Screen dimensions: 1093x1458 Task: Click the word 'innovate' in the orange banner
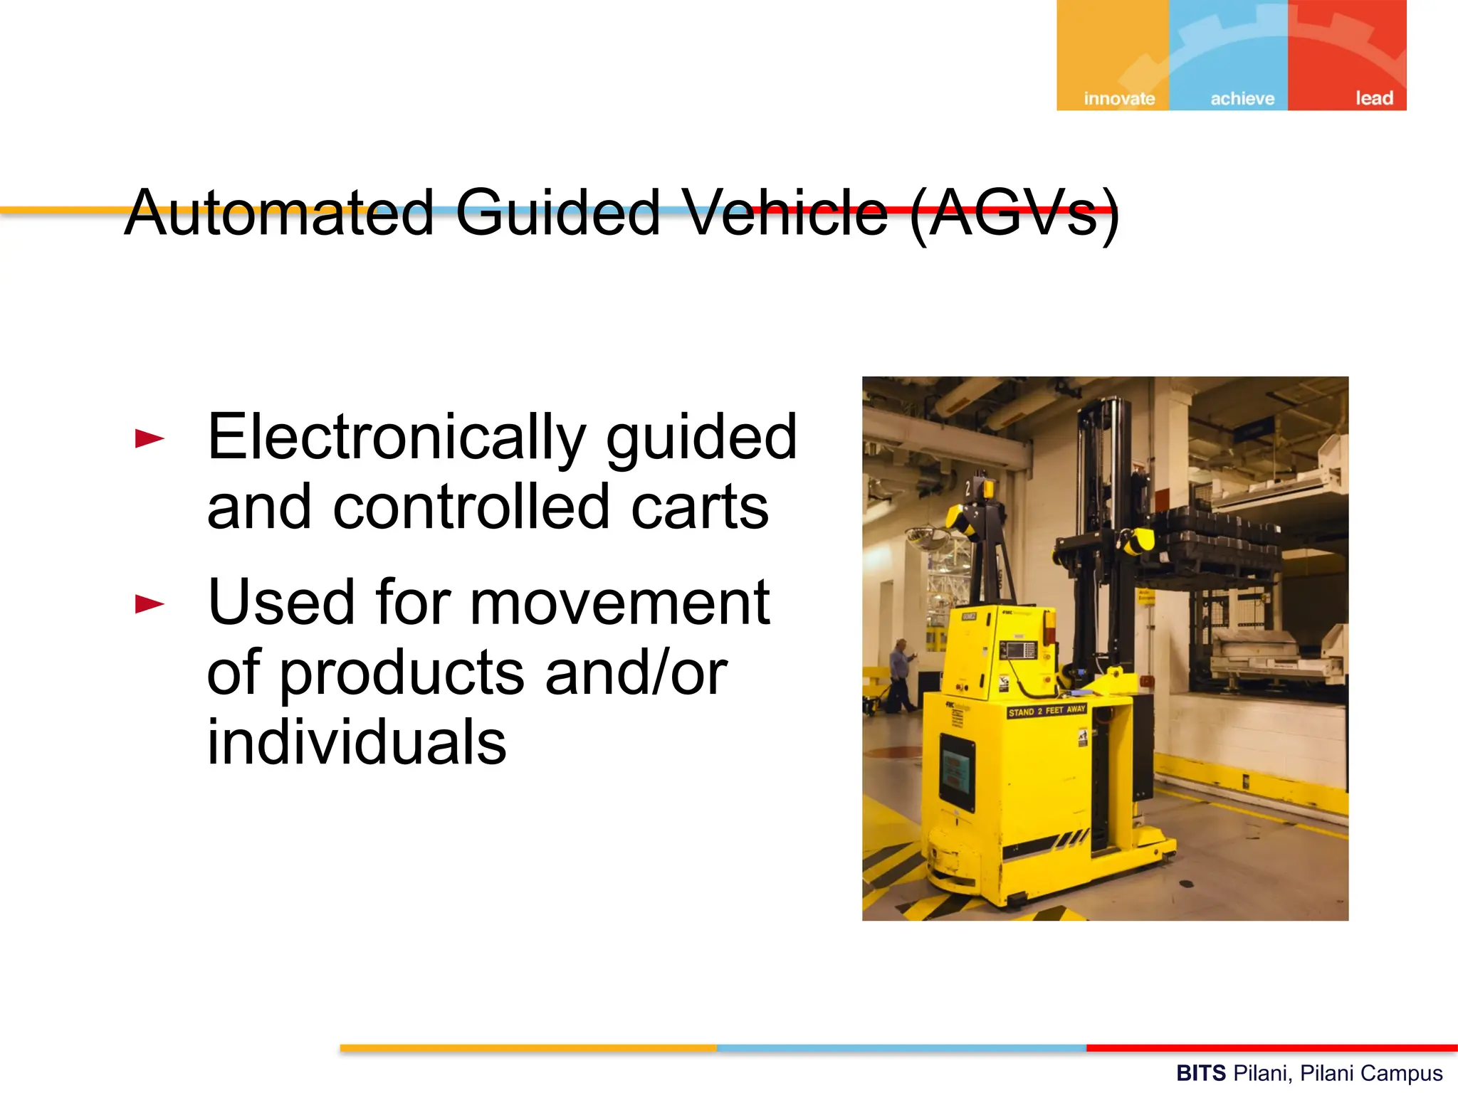coord(1119,98)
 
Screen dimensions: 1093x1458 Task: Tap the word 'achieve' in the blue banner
coord(1242,98)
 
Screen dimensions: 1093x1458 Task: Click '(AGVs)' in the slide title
coord(1014,213)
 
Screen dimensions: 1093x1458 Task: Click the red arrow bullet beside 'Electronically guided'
coord(150,438)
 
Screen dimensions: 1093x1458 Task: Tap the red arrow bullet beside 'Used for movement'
coord(150,604)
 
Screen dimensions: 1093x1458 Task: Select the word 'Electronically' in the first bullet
coord(396,438)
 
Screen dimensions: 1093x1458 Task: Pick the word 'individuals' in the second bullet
coord(357,741)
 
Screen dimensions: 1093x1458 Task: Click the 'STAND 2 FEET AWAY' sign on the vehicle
coord(1047,711)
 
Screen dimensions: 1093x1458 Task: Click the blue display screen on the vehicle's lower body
coord(957,771)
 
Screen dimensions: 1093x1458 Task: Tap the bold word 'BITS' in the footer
coord(1200,1072)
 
